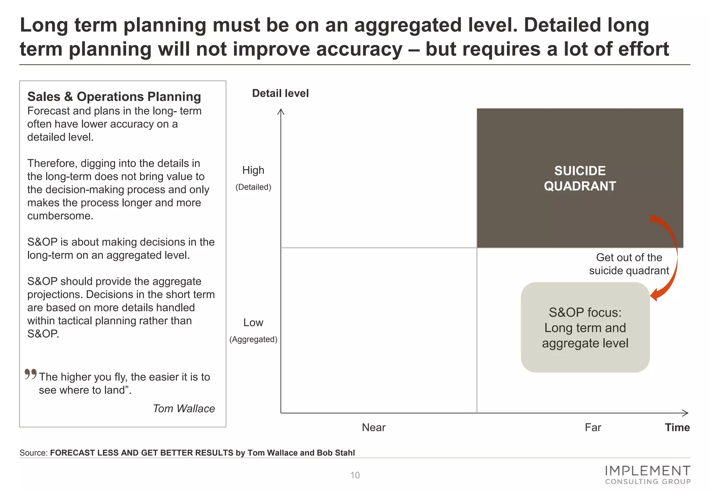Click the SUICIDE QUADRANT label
coord(580,178)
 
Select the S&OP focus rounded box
coord(585,327)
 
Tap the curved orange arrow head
coord(654,295)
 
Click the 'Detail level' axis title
coord(280,93)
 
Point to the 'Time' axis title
coord(677,427)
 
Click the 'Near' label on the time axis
coord(373,427)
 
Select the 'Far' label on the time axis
coord(593,427)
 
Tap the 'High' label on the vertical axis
coord(253,170)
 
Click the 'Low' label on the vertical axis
coord(253,323)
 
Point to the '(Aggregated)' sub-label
coord(253,339)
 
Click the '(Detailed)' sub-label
coord(253,187)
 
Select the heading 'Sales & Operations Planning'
coord(114,96)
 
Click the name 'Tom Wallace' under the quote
coord(184,409)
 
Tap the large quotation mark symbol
coord(31,374)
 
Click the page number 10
coord(355,475)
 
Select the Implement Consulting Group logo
coord(647,475)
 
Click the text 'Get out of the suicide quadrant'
coord(629,264)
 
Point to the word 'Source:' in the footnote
coord(34,453)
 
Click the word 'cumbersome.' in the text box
coord(60,216)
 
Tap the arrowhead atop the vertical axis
coord(281,111)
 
